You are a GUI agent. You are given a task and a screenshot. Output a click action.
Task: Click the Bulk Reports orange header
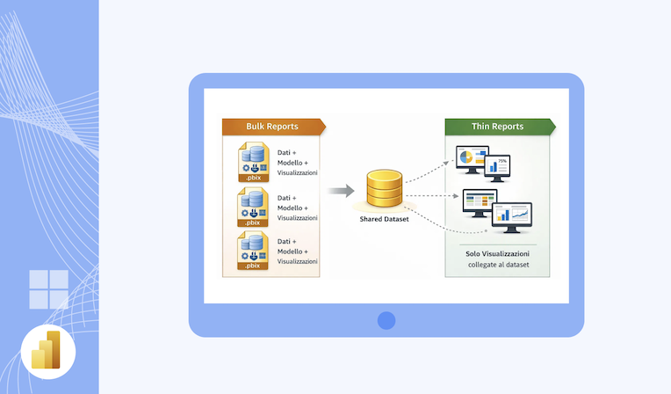click(x=272, y=127)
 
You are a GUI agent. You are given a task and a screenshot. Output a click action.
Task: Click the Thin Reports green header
click(x=496, y=127)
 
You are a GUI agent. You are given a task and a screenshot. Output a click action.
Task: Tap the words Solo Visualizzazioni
click(x=497, y=253)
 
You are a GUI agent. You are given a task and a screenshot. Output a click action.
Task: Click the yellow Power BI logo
click(x=47, y=350)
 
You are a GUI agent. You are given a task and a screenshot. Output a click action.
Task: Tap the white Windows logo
click(x=48, y=289)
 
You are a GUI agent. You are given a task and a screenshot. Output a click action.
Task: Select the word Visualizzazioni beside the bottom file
click(x=298, y=260)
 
